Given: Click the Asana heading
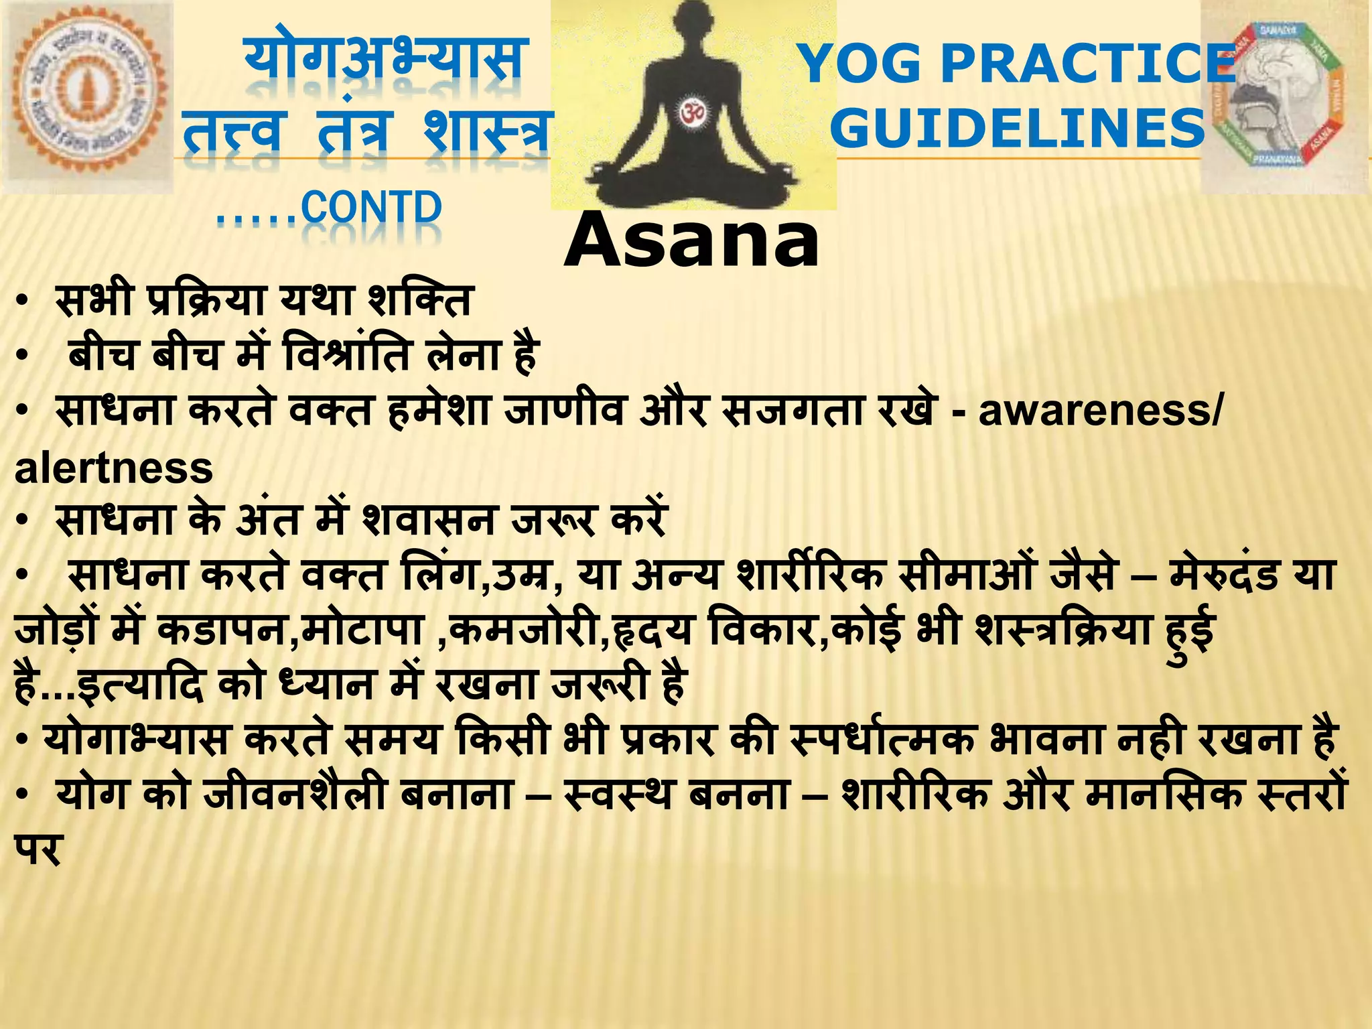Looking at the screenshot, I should tap(691, 240).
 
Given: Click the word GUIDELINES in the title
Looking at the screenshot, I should tap(1018, 128).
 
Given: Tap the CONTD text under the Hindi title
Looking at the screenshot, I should tap(372, 208).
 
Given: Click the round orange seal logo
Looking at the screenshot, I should tap(87, 97).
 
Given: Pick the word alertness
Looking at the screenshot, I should tap(114, 468).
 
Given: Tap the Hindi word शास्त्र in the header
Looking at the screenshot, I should tap(486, 131).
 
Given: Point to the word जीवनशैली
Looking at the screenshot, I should tap(295, 795).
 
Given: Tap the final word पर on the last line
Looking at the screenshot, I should tap(38, 849).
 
